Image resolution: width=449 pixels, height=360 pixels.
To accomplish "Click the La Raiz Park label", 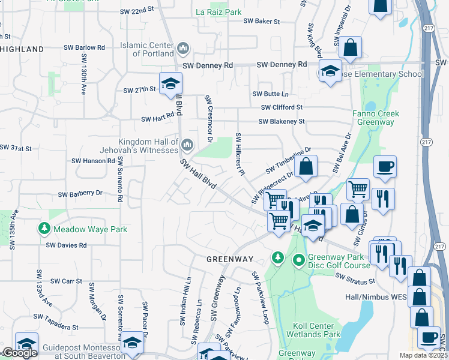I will [218, 11].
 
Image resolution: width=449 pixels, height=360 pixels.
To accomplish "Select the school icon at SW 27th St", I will [170, 83].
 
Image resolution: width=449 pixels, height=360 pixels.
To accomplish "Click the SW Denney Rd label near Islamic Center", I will [207, 65].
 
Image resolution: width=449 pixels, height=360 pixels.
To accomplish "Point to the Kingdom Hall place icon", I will [188, 143].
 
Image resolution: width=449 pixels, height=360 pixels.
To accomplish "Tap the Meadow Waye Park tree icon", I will [44, 229].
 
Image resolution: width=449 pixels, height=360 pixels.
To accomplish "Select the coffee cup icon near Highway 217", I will [385, 167].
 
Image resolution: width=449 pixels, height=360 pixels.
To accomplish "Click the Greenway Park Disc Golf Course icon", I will [298, 260].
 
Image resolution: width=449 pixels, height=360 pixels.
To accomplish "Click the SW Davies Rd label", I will [67, 245].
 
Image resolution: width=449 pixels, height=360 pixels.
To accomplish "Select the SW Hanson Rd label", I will [93, 161].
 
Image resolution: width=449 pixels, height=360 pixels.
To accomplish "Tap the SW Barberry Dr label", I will [80, 194].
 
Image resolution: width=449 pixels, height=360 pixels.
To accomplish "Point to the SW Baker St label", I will [262, 21].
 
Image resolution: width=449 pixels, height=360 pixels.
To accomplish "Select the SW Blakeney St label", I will [282, 121].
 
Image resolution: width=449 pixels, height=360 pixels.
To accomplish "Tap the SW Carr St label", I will [66, 281].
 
